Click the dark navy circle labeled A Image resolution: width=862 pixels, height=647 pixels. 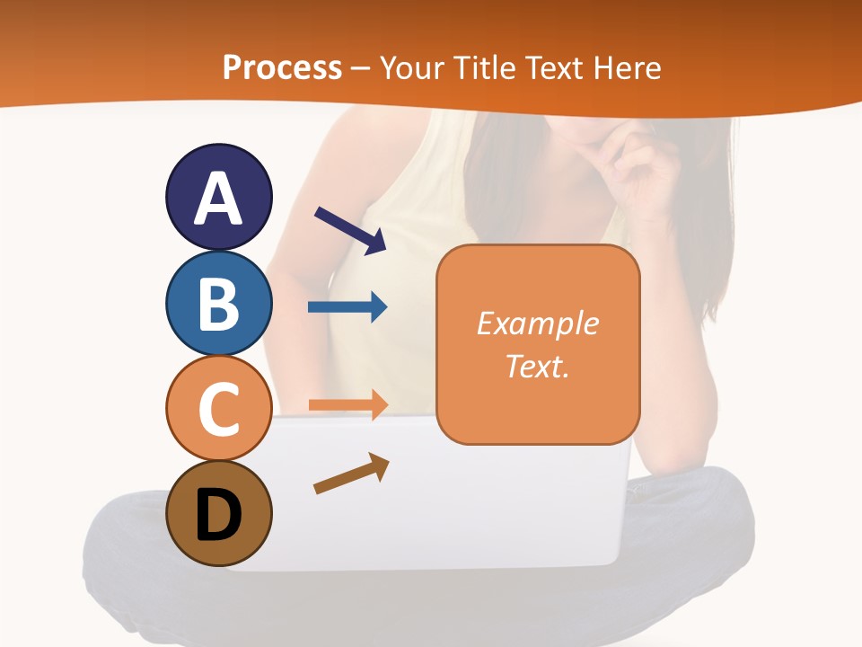pyautogui.click(x=218, y=197)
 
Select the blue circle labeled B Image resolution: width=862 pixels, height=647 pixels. pyautogui.click(x=218, y=303)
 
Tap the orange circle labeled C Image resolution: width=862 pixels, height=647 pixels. pyautogui.click(x=218, y=409)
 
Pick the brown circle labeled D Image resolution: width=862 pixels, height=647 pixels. pyautogui.click(x=218, y=515)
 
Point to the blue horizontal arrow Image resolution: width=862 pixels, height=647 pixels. pyautogui.click(x=347, y=307)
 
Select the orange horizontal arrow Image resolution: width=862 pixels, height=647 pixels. pyautogui.click(x=347, y=404)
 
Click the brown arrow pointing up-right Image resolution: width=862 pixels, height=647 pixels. pyautogui.click(x=351, y=474)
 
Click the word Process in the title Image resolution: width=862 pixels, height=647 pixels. pyautogui.click(x=282, y=67)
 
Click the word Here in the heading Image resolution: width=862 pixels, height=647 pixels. pyautogui.click(x=628, y=67)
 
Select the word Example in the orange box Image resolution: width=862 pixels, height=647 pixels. pyautogui.click(x=538, y=323)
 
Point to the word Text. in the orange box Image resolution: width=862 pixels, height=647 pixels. pyautogui.click(x=538, y=366)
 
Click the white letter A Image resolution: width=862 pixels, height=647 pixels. pyautogui.click(x=218, y=199)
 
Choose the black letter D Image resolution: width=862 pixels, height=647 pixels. pyautogui.click(x=218, y=516)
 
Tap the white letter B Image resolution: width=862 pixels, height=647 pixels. pyautogui.click(x=218, y=304)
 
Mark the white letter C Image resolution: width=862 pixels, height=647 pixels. pyautogui.click(x=218, y=410)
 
